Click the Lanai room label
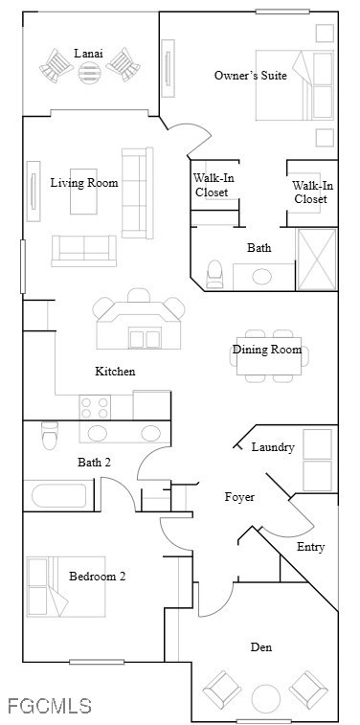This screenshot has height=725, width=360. point(89,54)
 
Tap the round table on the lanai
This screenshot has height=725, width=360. point(89,73)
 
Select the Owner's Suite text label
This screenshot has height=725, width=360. point(251,76)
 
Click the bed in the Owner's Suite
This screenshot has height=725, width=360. point(294,85)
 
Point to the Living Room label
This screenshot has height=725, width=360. point(84,183)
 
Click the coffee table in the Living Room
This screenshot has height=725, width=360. point(83,192)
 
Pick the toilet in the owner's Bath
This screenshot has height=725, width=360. point(214,274)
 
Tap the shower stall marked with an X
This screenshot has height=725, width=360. point(317,260)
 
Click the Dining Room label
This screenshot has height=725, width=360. point(267,350)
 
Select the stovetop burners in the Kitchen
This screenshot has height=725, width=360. point(95,407)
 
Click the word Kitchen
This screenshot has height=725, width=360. point(115,371)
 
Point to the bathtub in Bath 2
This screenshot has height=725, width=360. point(58,496)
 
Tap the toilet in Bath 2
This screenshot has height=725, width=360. point(50,435)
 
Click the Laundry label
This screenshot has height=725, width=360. point(273,447)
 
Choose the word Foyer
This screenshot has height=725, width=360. point(239,497)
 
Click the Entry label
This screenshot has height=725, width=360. point(310,547)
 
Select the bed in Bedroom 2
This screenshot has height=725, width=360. point(66,586)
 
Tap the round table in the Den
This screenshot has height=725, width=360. point(266,698)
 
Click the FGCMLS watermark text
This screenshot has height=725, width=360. point(50,706)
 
